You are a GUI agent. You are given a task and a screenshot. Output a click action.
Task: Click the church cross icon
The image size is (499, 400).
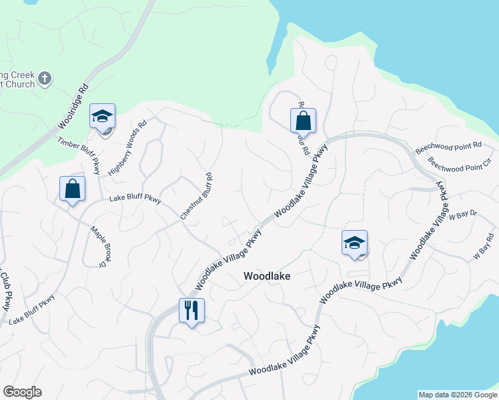point(45,79)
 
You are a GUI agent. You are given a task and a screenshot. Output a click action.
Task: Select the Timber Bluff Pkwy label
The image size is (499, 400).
point(79,151)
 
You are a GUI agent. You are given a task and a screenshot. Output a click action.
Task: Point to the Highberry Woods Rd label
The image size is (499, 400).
point(127,148)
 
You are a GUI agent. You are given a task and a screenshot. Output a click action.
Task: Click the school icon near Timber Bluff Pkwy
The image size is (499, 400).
point(103,117)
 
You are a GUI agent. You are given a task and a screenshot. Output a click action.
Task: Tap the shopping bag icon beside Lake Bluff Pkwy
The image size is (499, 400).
point(73,189)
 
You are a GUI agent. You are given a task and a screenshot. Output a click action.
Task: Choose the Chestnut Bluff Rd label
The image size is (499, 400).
point(196,197)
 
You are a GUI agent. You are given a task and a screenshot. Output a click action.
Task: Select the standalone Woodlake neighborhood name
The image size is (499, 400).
point(267,275)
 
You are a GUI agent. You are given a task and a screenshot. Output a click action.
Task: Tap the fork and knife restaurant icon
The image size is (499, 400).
point(191,309)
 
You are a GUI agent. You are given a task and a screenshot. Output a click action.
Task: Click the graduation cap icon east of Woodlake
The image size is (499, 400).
point(354,243)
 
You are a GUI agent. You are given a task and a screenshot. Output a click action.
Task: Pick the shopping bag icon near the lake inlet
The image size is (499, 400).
point(303,121)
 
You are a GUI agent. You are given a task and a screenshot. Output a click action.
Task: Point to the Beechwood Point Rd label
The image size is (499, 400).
point(448,146)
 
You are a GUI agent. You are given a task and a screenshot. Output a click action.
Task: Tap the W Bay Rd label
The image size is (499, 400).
point(484,247)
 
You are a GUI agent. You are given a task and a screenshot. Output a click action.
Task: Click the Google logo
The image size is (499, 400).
point(22,392)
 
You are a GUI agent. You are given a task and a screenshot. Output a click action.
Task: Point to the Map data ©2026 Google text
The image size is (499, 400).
point(457,395)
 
